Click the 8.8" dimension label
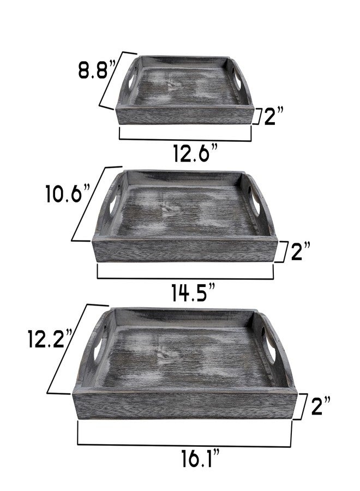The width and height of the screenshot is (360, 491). pyautogui.click(x=97, y=69)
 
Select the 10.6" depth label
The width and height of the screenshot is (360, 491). pyautogui.click(x=68, y=194)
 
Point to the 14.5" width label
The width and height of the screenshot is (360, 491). pyautogui.click(x=194, y=292)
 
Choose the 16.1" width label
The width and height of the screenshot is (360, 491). pyautogui.click(x=201, y=458)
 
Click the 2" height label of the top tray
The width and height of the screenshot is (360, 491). pyautogui.click(x=274, y=116)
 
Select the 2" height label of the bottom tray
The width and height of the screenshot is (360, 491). pyautogui.click(x=321, y=405)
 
